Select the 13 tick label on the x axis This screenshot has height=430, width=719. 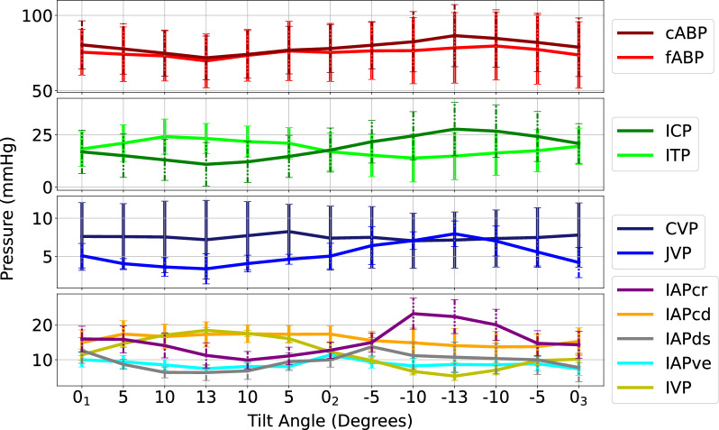click(205, 397)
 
